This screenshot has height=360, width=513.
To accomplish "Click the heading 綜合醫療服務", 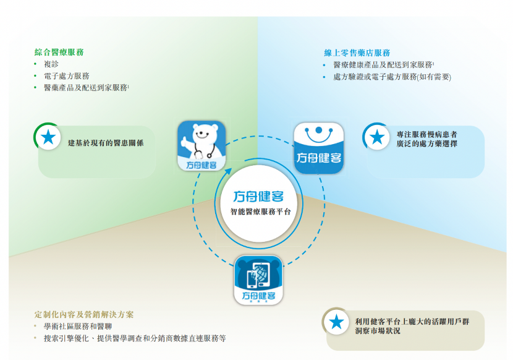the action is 59,53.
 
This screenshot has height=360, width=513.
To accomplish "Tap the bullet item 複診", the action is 51,64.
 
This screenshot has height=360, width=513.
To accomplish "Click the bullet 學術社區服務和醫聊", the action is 77,327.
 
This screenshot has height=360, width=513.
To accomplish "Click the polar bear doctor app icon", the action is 201,145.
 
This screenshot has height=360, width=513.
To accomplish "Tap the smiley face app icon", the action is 318,147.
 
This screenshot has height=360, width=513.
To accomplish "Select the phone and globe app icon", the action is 258,280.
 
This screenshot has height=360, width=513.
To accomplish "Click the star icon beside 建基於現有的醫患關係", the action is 48,137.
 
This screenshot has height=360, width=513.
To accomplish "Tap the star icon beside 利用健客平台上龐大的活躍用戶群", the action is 336,322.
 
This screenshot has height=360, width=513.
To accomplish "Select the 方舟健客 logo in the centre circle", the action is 259,197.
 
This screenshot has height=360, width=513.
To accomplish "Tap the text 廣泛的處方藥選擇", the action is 427,144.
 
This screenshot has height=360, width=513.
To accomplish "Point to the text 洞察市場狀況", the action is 378,331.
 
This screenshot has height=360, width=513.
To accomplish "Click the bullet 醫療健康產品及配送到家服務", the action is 383,65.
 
